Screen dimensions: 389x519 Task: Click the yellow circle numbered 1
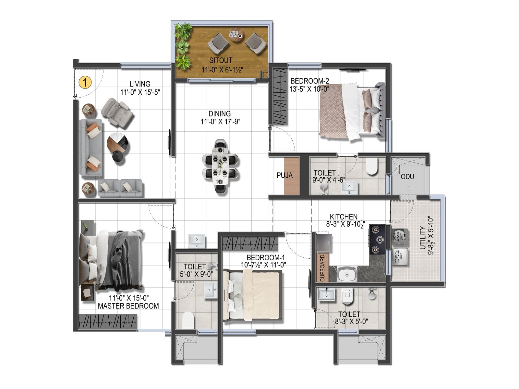click(85, 82)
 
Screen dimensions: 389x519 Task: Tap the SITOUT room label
click(221, 60)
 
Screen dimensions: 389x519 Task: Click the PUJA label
click(284, 175)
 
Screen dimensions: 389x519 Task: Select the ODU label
click(407, 177)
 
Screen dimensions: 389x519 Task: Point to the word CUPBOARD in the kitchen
click(322, 268)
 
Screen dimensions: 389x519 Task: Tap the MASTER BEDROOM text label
click(128, 306)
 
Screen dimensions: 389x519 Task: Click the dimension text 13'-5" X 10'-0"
click(309, 89)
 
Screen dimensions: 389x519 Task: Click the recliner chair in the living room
click(117, 112)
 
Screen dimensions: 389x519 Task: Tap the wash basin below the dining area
click(197, 241)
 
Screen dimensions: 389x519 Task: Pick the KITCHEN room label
click(344, 217)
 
